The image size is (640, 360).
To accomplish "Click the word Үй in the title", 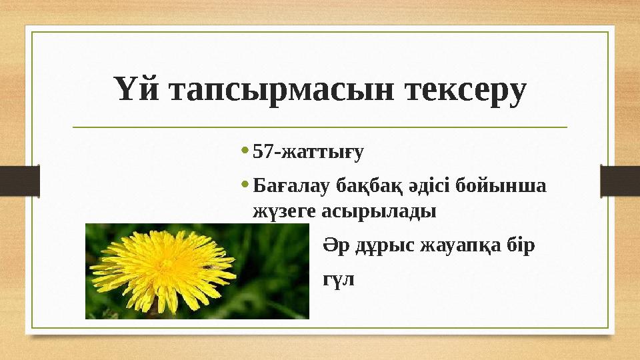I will pyautogui.click(x=136, y=90).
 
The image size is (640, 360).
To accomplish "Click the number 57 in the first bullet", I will pyautogui.click(x=264, y=152).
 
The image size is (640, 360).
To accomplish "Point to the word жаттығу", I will pyautogui.click(x=322, y=153).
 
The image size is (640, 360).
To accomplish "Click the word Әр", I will pyautogui.click(x=335, y=245).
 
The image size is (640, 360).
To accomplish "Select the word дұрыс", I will pyautogui.click(x=382, y=245).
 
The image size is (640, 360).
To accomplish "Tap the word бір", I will pyautogui.click(x=520, y=245).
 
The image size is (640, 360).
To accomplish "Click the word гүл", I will pyautogui.click(x=339, y=279).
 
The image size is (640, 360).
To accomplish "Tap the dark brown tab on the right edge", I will pyautogui.click(x=620, y=181).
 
